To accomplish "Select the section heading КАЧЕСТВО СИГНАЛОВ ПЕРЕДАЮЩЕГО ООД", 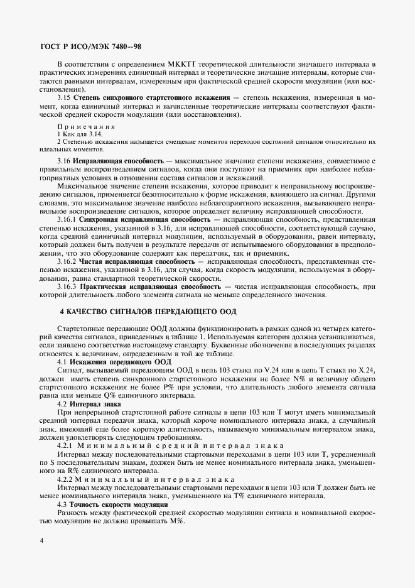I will pos(148,312).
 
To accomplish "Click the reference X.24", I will pos(365,371).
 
